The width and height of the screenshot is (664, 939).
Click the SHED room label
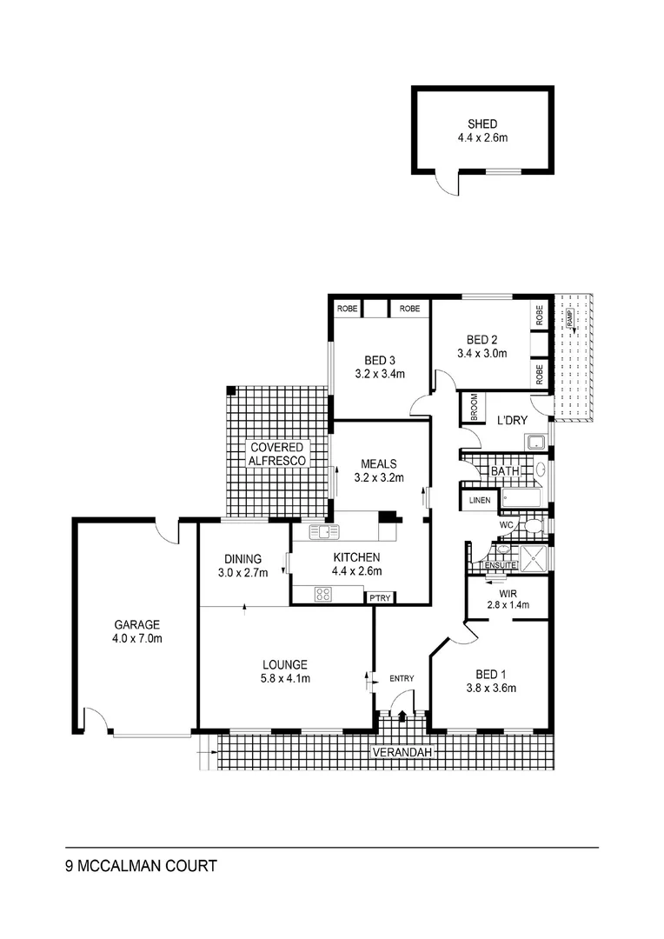[x=482, y=123]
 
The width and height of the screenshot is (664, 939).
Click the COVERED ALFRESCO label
[x=277, y=453]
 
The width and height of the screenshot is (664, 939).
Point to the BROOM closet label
[x=474, y=408]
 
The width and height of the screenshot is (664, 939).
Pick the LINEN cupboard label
[x=480, y=501]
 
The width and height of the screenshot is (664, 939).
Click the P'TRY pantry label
[x=380, y=597]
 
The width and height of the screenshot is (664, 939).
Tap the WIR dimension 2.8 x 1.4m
[x=508, y=605]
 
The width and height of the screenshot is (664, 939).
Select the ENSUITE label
[x=501, y=565]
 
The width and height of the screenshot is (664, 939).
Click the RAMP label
[x=570, y=321]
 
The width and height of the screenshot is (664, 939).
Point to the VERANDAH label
[x=402, y=752]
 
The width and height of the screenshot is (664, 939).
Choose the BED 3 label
[x=380, y=360]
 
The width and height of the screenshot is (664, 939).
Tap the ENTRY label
[x=402, y=678]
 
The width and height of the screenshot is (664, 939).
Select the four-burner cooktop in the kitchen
[x=323, y=595]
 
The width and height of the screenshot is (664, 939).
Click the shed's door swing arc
[x=446, y=183]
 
